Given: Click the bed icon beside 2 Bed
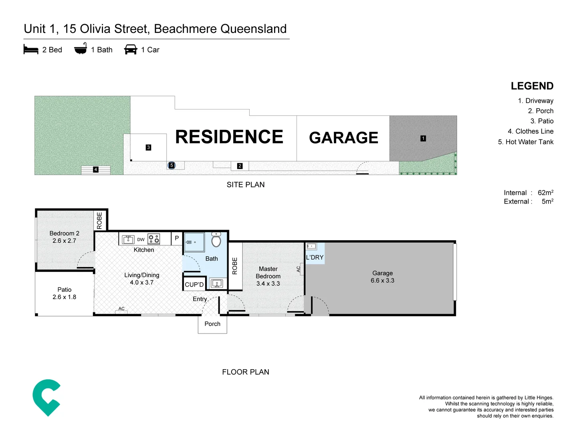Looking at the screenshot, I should (x=31, y=50).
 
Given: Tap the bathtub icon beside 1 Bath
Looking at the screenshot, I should (x=81, y=49).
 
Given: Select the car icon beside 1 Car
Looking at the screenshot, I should (x=131, y=49).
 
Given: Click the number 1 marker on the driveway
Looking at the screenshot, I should (x=423, y=138).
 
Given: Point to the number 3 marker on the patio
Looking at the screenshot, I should (x=148, y=148).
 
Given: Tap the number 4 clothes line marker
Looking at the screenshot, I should (x=96, y=170).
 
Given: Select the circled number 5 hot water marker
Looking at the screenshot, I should (x=171, y=165).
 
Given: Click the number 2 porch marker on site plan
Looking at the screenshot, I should (x=240, y=166).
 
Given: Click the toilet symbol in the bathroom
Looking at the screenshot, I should (x=216, y=240).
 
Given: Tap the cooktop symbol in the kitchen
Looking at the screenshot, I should (x=154, y=239).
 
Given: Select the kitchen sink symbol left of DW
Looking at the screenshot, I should (x=128, y=239).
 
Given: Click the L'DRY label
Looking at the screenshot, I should (x=315, y=257).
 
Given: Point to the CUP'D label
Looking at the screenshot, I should (x=194, y=285).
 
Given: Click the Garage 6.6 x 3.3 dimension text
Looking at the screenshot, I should (x=382, y=281).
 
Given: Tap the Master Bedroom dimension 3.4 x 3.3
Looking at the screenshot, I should (x=268, y=283).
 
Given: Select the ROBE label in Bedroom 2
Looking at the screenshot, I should (x=100, y=221).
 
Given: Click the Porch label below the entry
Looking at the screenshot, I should (x=212, y=324).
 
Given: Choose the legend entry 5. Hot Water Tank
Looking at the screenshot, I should (x=526, y=142).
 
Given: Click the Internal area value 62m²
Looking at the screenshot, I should (x=545, y=193).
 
